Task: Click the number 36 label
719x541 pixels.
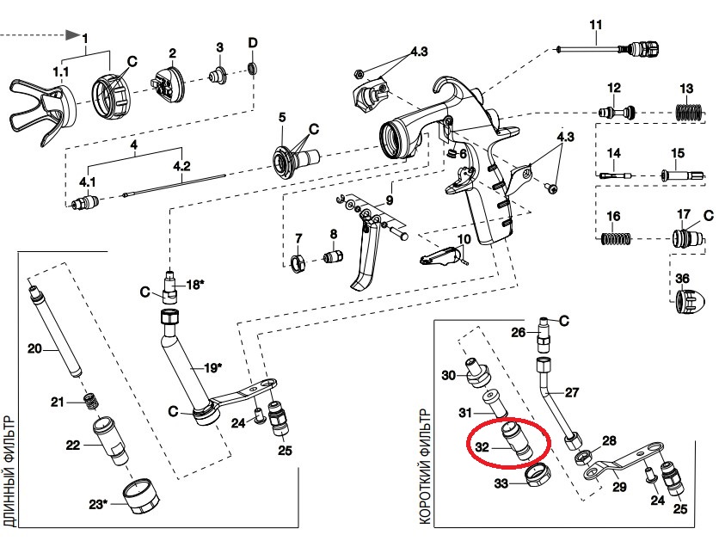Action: (x=682, y=278)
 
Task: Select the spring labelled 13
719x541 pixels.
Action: (x=685, y=112)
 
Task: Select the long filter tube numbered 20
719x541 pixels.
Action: (x=55, y=335)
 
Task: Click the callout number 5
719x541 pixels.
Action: (x=280, y=117)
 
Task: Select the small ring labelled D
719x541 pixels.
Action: (x=253, y=68)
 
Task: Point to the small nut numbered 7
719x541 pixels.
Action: (x=299, y=262)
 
